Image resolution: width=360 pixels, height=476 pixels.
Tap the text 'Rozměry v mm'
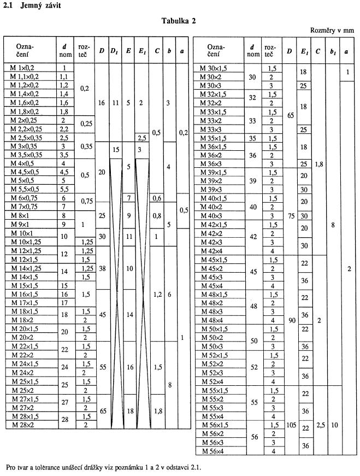[334, 31]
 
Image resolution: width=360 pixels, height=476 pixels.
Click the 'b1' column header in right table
[333, 51]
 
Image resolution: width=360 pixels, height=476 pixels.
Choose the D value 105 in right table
[289, 424]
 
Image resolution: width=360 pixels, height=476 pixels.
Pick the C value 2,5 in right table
[318, 424]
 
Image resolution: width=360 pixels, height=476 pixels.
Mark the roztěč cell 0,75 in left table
[85, 202]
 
